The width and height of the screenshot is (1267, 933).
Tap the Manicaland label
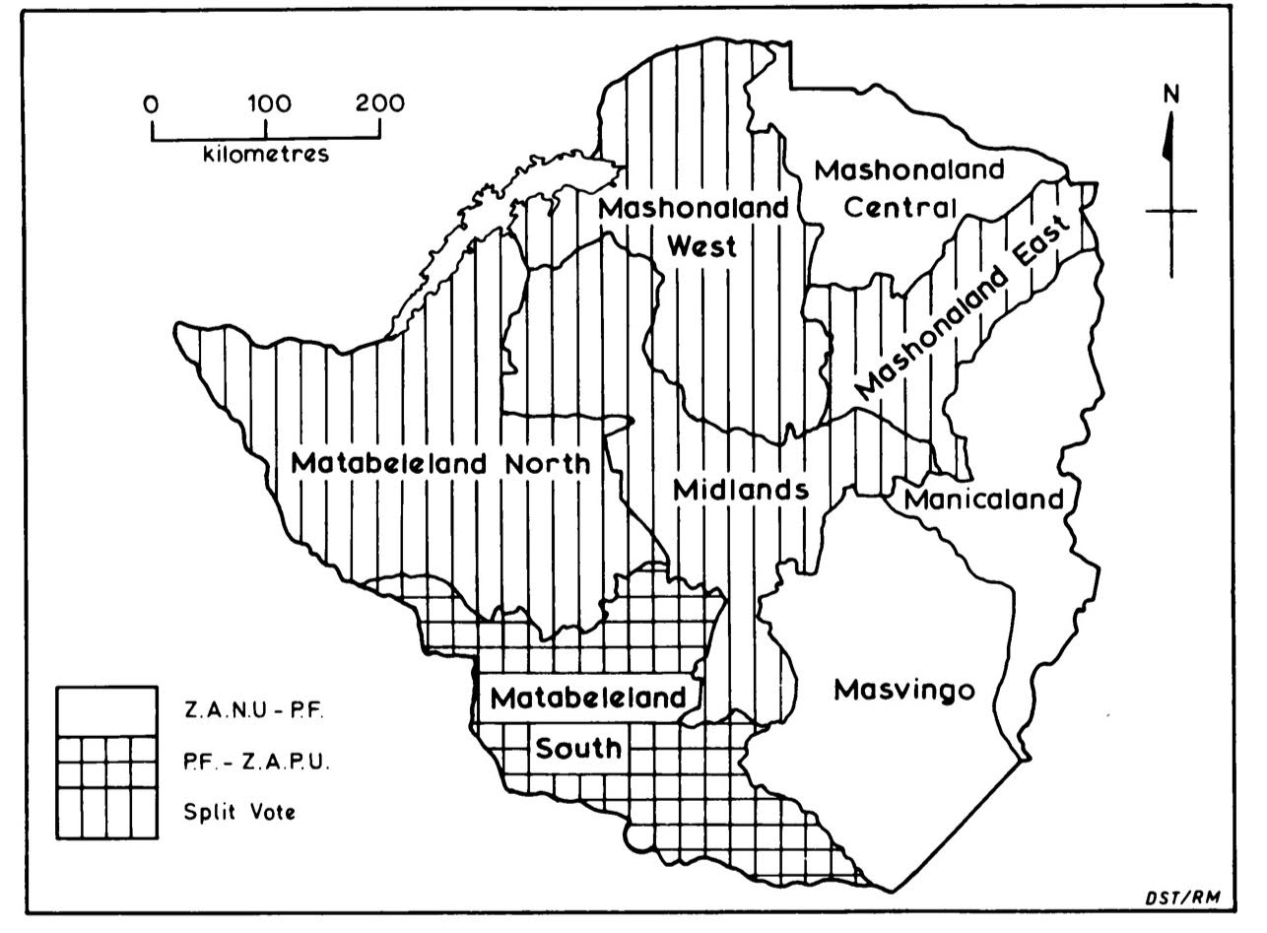[984, 499]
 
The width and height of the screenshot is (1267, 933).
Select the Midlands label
[742, 490]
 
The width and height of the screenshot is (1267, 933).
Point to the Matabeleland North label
[441, 463]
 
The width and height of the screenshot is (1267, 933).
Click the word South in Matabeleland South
[578, 748]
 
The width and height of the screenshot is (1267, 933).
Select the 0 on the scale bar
[151, 103]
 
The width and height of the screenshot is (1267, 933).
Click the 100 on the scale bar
[266, 103]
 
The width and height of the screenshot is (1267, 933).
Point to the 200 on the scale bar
[379, 103]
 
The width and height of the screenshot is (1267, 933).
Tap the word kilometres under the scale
[266, 155]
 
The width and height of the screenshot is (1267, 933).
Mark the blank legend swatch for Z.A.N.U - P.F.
[106, 711]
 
